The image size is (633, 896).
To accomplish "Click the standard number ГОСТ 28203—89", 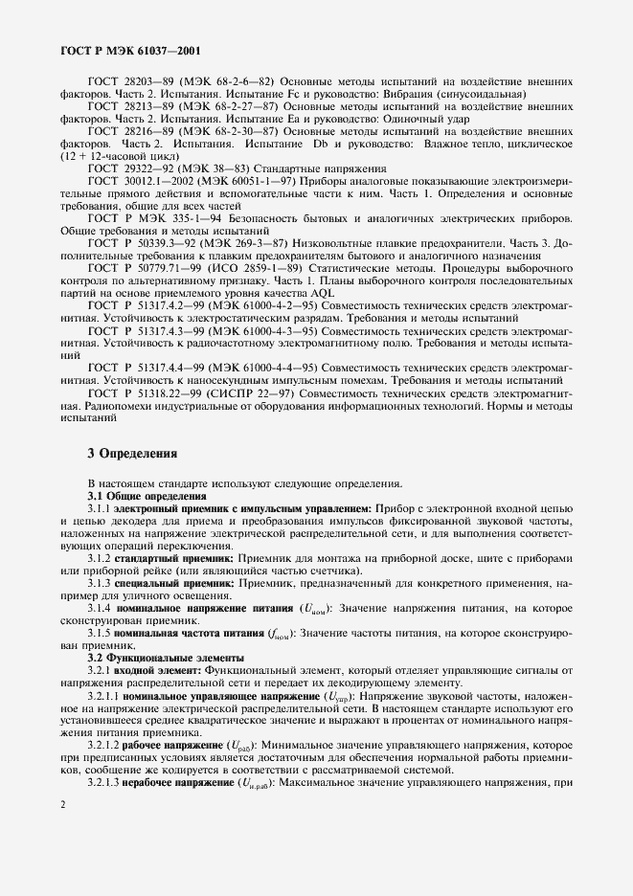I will (x=129, y=82).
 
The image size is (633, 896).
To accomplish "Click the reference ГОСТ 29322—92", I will (x=129, y=167).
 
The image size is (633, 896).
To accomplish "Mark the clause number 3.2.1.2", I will (x=104, y=743).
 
